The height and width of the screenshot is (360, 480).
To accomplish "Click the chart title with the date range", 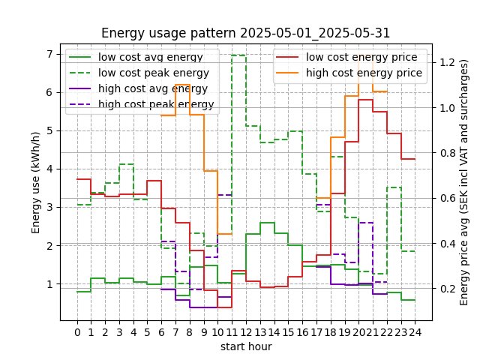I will pos(245,33).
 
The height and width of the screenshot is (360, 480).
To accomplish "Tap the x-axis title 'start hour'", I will pos(245,346).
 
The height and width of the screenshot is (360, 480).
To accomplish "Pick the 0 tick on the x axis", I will pos(77,331).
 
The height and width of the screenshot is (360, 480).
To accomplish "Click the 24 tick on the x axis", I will pos(415,331).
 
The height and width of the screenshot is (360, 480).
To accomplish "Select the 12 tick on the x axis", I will pos(246,331).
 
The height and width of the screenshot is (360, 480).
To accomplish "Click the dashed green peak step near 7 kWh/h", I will pos(238,55).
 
